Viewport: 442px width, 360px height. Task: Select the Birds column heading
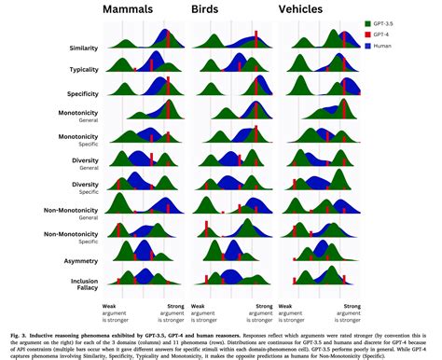click(x=215, y=10)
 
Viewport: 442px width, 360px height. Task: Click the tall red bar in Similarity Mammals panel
click(x=168, y=38)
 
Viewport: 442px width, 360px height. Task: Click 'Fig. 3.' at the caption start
click(x=12, y=333)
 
